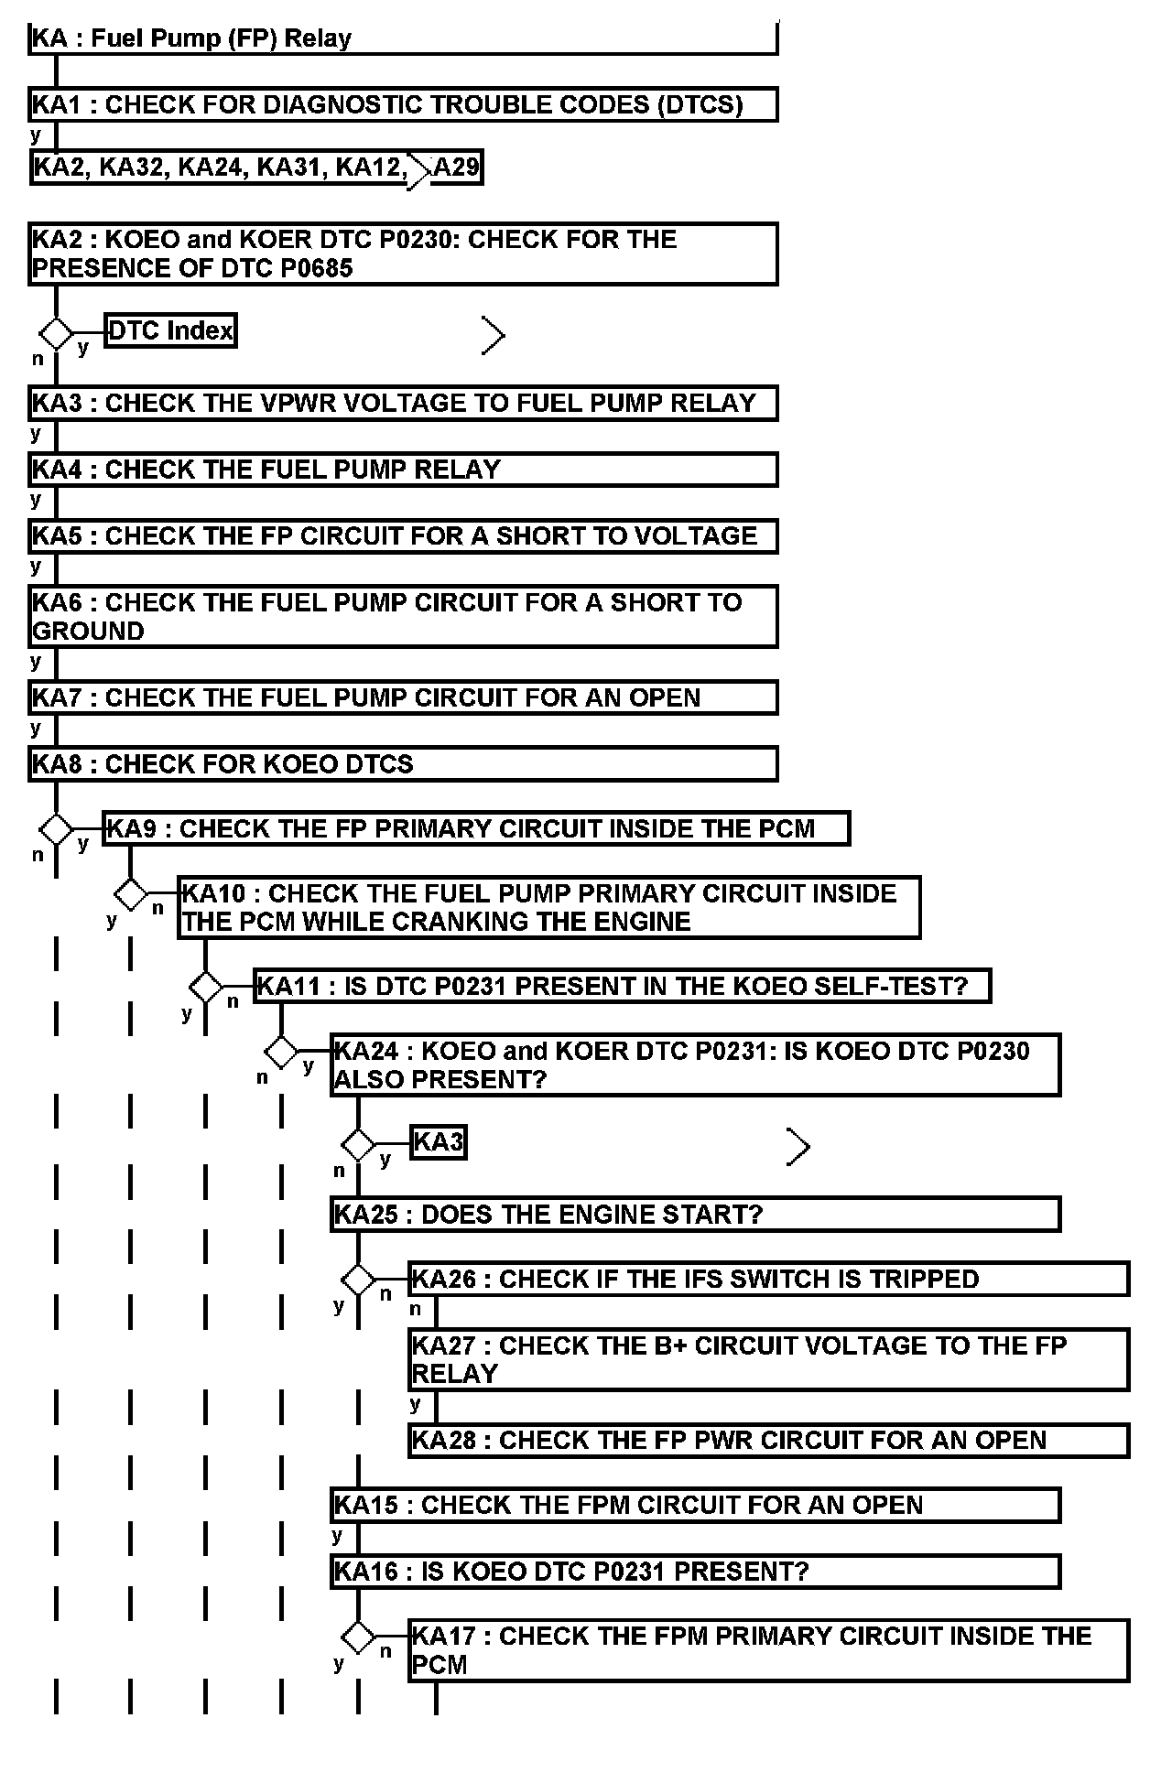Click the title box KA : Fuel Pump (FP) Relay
click(x=403, y=39)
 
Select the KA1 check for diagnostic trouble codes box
click(x=403, y=104)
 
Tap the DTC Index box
click(x=170, y=330)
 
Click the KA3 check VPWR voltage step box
click(x=403, y=404)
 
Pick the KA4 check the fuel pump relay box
click(x=403, y=470)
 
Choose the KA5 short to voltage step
click(x=403, y=536)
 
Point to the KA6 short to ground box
click(x=403, y=617)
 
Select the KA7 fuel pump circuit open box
click(x=403, y=697)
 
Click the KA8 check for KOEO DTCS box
click(x=403, y=764)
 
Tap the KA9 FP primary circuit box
click(x=476, y=829)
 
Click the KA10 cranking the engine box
click(x=549, y=907)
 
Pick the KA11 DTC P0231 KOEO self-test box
click(x=623, y=987)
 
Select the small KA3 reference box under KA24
click(x=439, y=1142)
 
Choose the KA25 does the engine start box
click(x=696, y=1215)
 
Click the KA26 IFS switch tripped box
click(x=769, y=1279)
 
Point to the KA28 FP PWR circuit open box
click(x=769, y=1440)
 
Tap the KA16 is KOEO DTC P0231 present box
click(x=696, y=1572)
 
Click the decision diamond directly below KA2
click(x=56, y=333)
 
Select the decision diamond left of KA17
click(x=358, y=1636)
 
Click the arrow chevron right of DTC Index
click(x=494, y=337)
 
